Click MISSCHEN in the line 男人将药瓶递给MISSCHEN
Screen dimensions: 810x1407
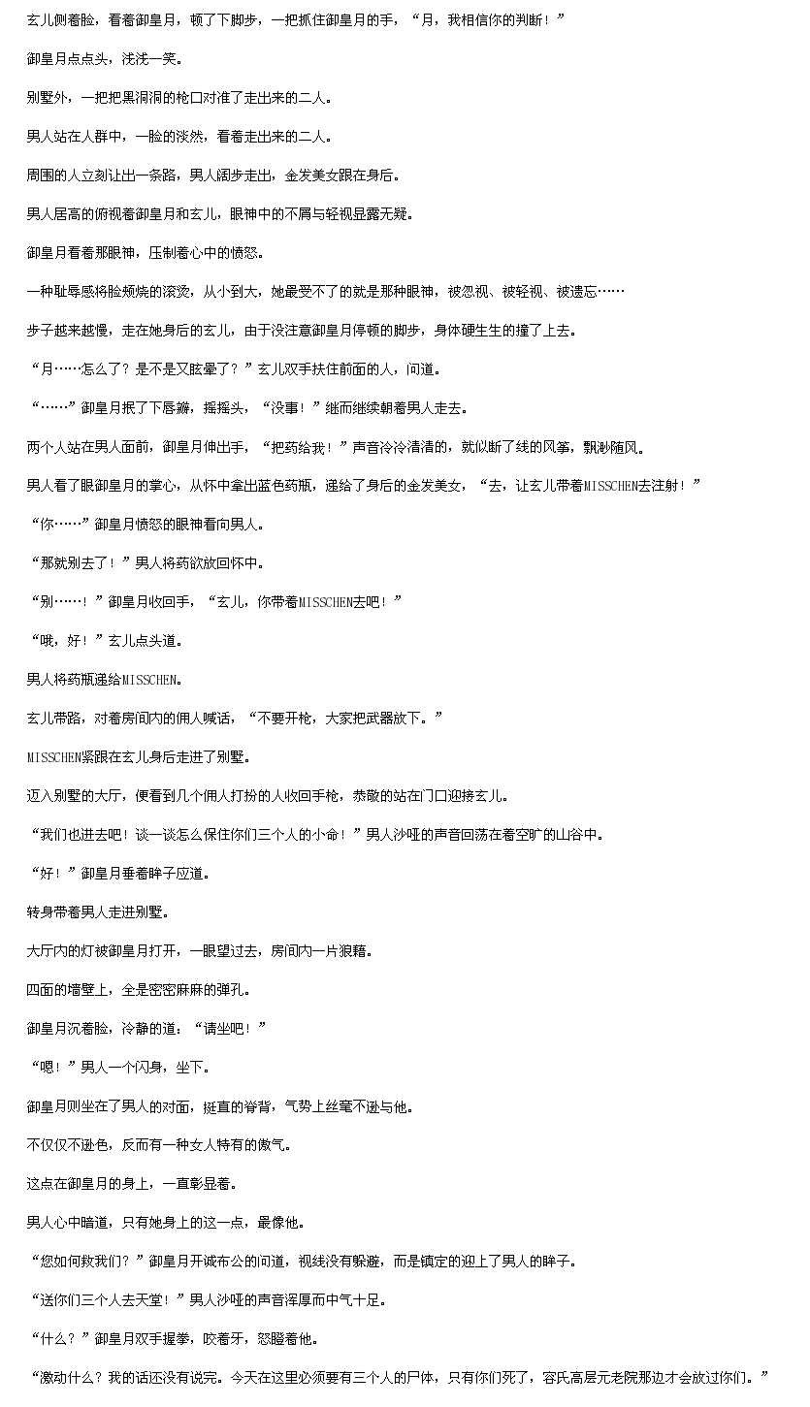tap(149, 680)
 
